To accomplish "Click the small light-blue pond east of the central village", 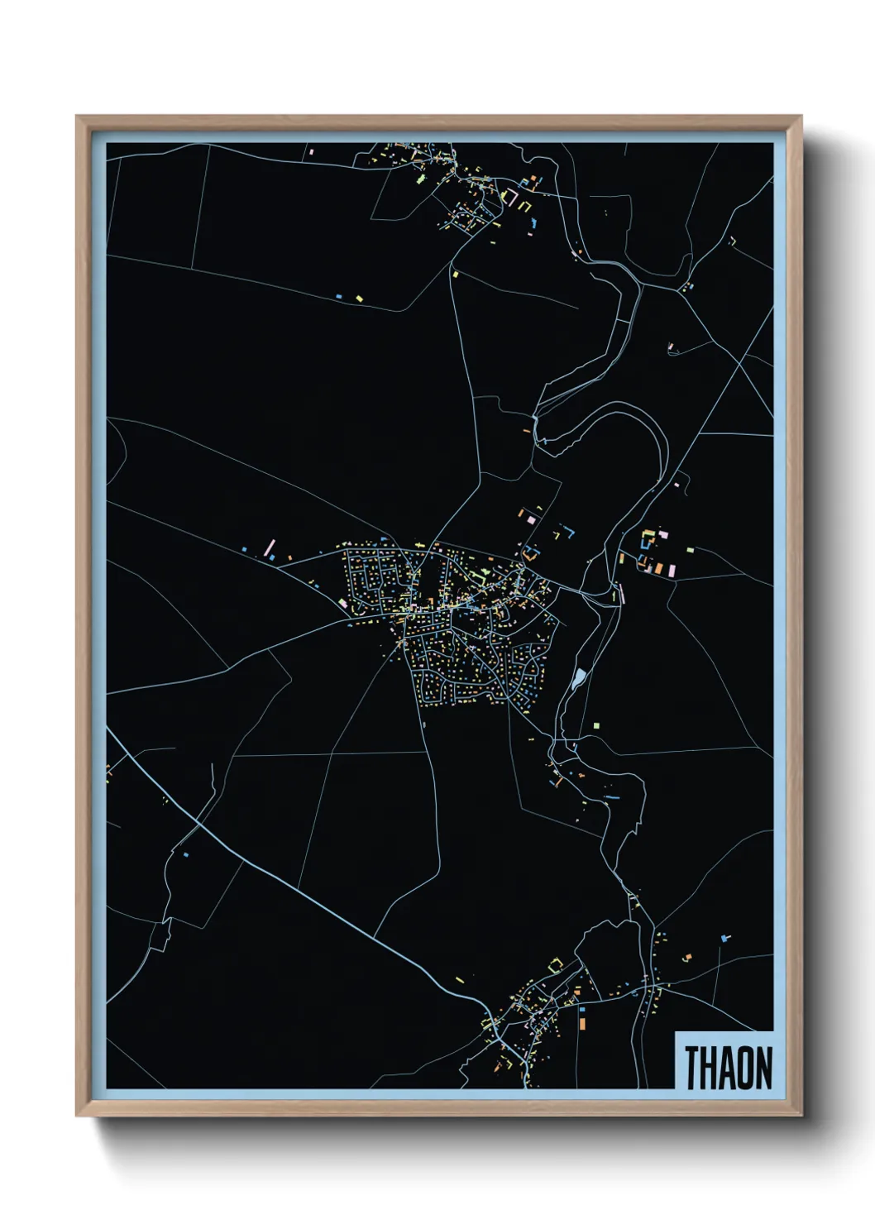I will (x=579, y=679).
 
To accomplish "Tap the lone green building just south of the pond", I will (x=595, y=725).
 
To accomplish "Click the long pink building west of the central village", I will (x=270, y=547).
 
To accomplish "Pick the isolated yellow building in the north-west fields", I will (x=359, y=298).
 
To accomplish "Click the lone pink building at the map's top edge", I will (x=312, y=152).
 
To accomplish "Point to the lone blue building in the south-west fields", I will (x=186, y=853).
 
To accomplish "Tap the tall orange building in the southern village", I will (x=582, y=1024).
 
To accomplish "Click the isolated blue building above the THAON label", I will (x=725, y=938).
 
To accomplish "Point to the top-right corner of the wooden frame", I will (x=801, y=117).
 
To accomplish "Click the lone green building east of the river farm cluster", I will (x=690, y=548).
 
